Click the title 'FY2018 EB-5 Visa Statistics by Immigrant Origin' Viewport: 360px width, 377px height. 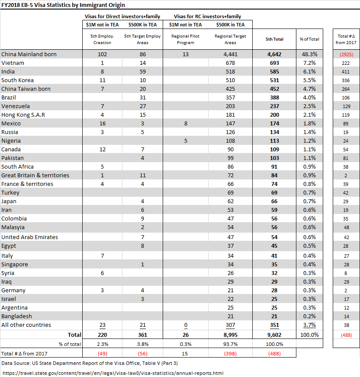(x=63, y=5)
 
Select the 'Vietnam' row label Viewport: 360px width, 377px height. (x=13, y=63)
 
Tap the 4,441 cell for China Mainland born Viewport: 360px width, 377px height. (x=230, y=54)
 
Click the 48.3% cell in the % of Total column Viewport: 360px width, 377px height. (x=309, y=54)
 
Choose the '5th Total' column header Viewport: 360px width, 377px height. (x=274, y=39)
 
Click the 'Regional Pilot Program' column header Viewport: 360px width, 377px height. (x=185, y=39)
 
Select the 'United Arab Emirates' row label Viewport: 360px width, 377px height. (x=29, y=237)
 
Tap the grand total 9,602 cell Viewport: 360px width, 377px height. (x=274, y=335)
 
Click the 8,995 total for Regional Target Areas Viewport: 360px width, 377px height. (x=230, y=335)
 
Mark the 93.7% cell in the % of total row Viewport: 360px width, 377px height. (x=230, y=344)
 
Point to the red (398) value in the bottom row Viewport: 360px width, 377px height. (x=230, y=353)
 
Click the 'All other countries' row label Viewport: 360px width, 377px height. (x=26, y=325)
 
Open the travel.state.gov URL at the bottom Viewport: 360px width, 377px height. (x=113, y=373)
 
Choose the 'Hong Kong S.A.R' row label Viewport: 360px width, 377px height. (x=23, y=115)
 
